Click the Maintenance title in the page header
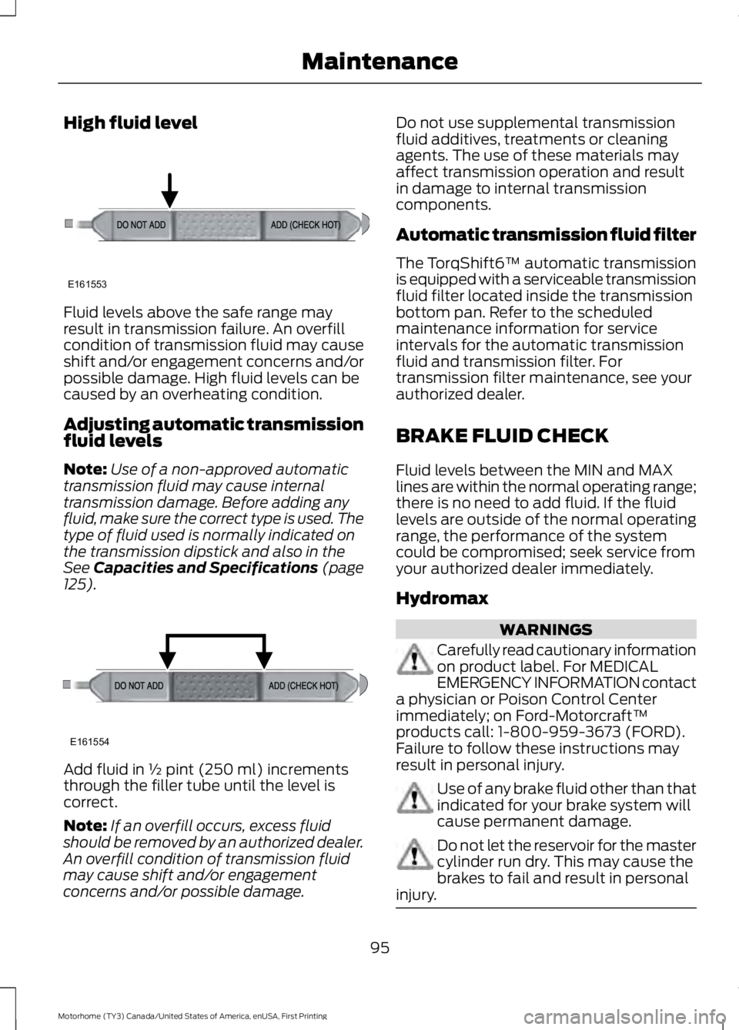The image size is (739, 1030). click(x=380, y=61)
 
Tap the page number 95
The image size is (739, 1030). click(x=380, y=947)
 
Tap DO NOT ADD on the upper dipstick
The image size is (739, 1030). click(x=141, y=225)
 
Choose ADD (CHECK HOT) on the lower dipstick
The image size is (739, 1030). click(x=303, y=686)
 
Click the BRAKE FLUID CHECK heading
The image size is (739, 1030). click(x=502, y=436)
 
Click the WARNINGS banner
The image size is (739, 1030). click(x=546, y=629)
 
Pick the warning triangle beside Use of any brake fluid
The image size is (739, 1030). click(x=414, y=797)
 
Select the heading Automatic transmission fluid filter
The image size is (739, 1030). click(x=546, y=234)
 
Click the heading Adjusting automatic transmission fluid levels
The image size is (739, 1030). click(x=213, y=432)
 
